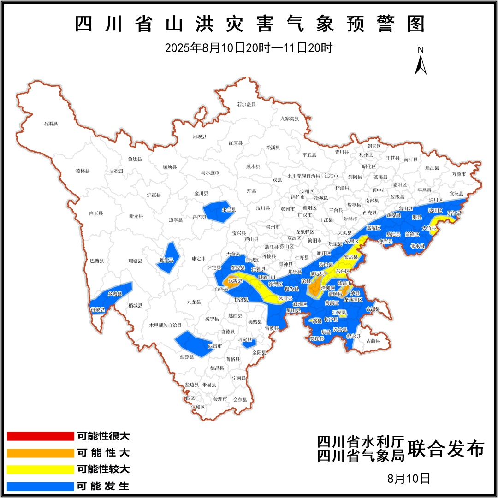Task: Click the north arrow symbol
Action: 420,62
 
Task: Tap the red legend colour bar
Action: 41,436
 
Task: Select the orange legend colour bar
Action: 41,453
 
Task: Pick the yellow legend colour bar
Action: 41,469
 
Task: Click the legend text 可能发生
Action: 103,486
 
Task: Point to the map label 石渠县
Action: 51,124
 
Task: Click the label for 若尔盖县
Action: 246,104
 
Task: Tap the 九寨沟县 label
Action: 290,119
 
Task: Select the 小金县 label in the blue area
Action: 229,209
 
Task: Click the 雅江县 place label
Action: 166,260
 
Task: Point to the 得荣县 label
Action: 98,309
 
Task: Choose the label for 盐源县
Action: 187,356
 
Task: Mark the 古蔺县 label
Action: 373,341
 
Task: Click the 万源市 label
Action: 459,174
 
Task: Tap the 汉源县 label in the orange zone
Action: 235,280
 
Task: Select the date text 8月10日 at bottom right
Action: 409,478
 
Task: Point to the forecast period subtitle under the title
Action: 249,48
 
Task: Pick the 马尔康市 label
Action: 210,173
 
